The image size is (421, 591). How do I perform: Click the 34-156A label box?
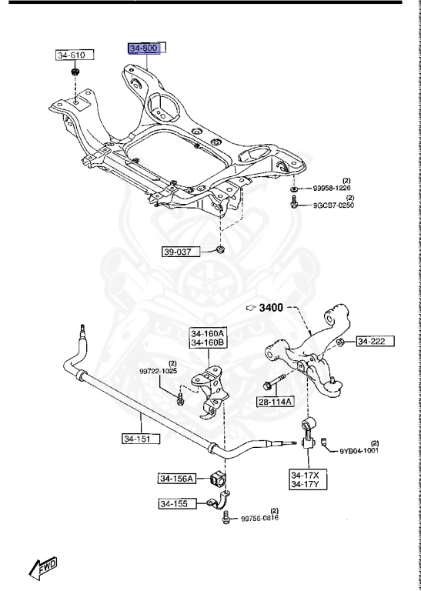pos(178,479)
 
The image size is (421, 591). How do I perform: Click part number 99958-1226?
pos(332,188)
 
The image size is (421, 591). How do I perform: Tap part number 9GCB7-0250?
pos(332,205)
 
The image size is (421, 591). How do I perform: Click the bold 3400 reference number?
pos(272,309)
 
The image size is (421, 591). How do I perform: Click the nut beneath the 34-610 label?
pos(75,72)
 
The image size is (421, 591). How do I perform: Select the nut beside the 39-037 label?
pos(221,250)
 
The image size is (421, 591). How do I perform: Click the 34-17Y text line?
pos(306,484)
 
